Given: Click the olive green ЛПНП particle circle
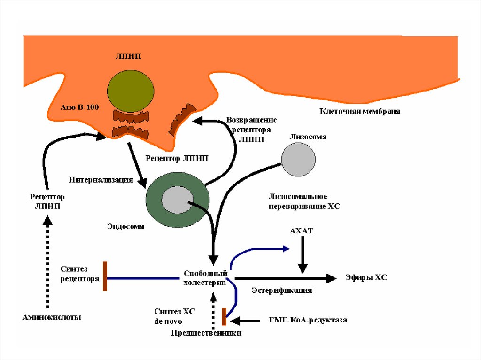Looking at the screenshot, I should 130,90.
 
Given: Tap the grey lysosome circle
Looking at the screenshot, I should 298,159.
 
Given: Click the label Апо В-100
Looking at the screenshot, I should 79,107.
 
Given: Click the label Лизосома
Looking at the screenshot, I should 308,137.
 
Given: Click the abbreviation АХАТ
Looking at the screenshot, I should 302,231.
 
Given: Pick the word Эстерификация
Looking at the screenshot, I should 282,290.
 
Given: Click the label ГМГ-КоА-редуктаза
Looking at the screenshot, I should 308,320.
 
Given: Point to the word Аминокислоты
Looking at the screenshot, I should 52,317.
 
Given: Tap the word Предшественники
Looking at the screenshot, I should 206,333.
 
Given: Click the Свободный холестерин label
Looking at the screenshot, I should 205,277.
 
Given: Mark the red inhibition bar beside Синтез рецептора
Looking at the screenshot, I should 105,276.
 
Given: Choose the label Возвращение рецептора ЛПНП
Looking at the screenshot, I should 251,130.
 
